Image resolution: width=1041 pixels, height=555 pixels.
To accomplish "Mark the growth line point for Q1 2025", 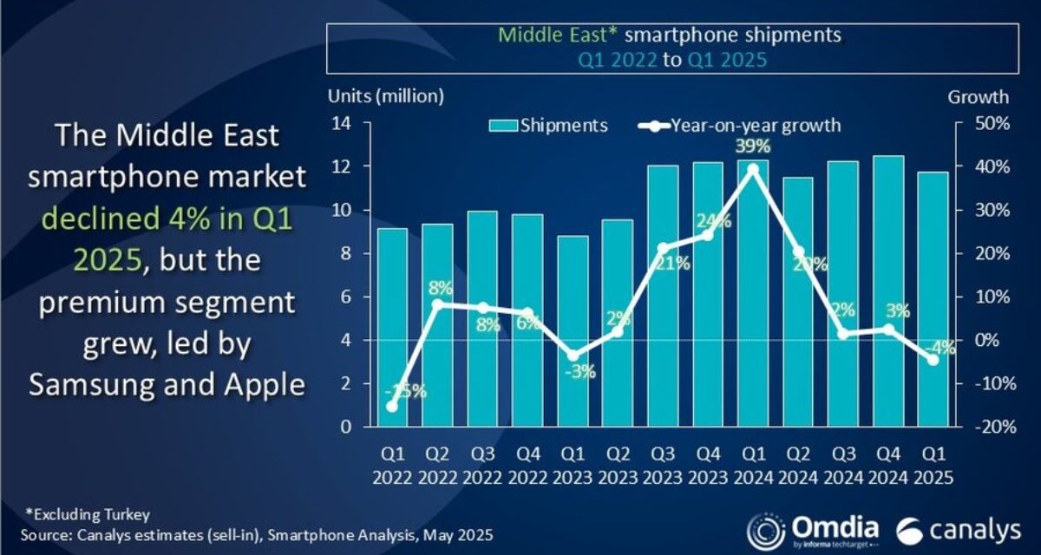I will [x=933, y=360].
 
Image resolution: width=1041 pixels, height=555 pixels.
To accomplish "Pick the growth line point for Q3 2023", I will [x=663, y=248].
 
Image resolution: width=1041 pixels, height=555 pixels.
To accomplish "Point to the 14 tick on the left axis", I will [x=340, y=123].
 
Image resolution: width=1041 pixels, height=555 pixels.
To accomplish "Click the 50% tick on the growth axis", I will [x=990, y=123].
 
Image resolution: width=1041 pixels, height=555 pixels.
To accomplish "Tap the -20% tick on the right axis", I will [x=988, y=427].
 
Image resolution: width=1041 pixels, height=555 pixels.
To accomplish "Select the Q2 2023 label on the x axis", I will [x=618, y=467].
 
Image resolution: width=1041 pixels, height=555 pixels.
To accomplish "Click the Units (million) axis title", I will [x=386, y=95].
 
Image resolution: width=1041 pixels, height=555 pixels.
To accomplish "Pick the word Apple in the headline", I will [x=258, y=384].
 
